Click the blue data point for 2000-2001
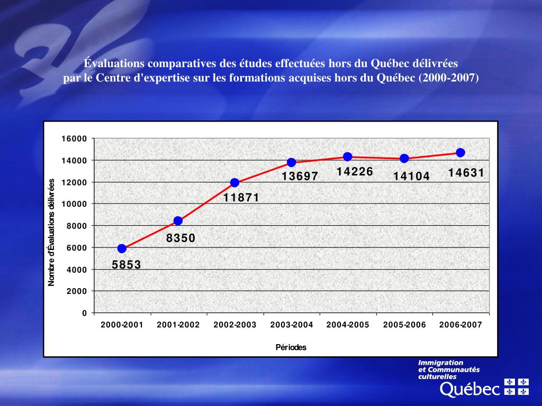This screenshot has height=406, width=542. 122,248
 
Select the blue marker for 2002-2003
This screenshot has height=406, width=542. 234,183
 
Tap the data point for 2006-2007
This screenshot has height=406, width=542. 460,153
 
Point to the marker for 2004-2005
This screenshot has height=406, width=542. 348,156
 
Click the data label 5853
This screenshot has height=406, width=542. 127,265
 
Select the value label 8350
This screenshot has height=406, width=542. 181,238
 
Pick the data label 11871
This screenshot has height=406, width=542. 241,198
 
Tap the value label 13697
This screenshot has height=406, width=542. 300,177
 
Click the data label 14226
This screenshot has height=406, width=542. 355,172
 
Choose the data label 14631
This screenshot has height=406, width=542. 466,173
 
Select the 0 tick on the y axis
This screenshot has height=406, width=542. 84,313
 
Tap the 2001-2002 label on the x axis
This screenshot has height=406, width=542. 178,325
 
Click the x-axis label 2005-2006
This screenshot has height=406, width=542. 404,325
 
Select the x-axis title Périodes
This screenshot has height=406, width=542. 291,347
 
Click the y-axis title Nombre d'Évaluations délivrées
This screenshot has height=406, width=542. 52,232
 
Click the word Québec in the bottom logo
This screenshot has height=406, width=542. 470,390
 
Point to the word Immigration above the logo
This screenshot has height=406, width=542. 440,363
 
